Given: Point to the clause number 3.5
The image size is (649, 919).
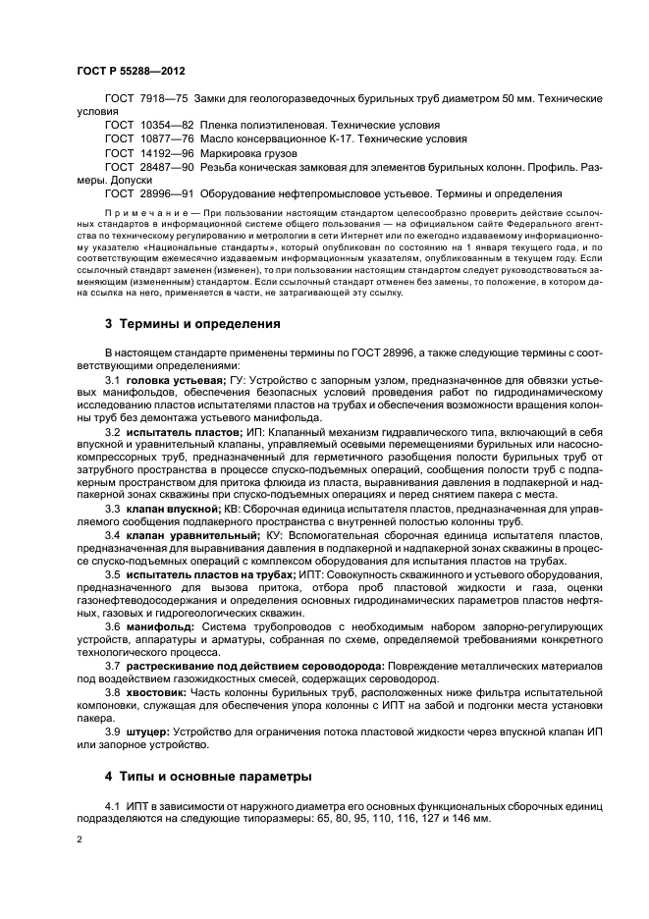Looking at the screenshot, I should (x=112, y=572).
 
